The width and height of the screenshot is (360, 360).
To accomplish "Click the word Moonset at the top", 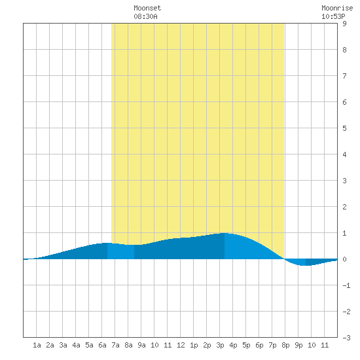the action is [x=147, y=8].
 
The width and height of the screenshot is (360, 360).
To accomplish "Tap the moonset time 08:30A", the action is [x=145, y=16].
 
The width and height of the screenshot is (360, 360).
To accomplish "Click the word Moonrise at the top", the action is [x=337, y=8].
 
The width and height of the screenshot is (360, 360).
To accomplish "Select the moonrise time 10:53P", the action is [x=333, y=16].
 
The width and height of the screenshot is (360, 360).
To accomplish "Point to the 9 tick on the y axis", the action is [x=344, y=24].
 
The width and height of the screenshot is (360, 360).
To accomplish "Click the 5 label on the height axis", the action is [x=344, y=128].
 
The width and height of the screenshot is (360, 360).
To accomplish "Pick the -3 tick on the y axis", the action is [x=346, y=338].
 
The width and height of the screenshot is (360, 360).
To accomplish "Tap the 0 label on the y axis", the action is [x=344, y=259].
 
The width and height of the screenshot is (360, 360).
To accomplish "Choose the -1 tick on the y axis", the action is [x=346, y=285].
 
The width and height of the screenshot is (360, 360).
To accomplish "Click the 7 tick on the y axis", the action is [x=344, y=76].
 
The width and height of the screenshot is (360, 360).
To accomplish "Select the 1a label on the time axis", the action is [x=37, y=345].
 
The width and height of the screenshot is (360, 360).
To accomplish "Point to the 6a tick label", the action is [x=102, y=345].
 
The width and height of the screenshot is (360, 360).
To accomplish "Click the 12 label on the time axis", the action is [x=181, y=345].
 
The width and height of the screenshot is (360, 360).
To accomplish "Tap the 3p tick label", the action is [x=220, y=345].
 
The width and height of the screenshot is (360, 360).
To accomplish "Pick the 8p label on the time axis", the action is [x=285, y=345].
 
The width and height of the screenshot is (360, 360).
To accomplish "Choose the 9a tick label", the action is [x=141, y=345].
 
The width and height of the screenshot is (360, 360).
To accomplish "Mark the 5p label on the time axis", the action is [x=246, y=345].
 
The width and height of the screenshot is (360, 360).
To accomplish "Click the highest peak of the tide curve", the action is [x=225, y=233].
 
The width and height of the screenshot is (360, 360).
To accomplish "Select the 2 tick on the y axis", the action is [x=344, y=207].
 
